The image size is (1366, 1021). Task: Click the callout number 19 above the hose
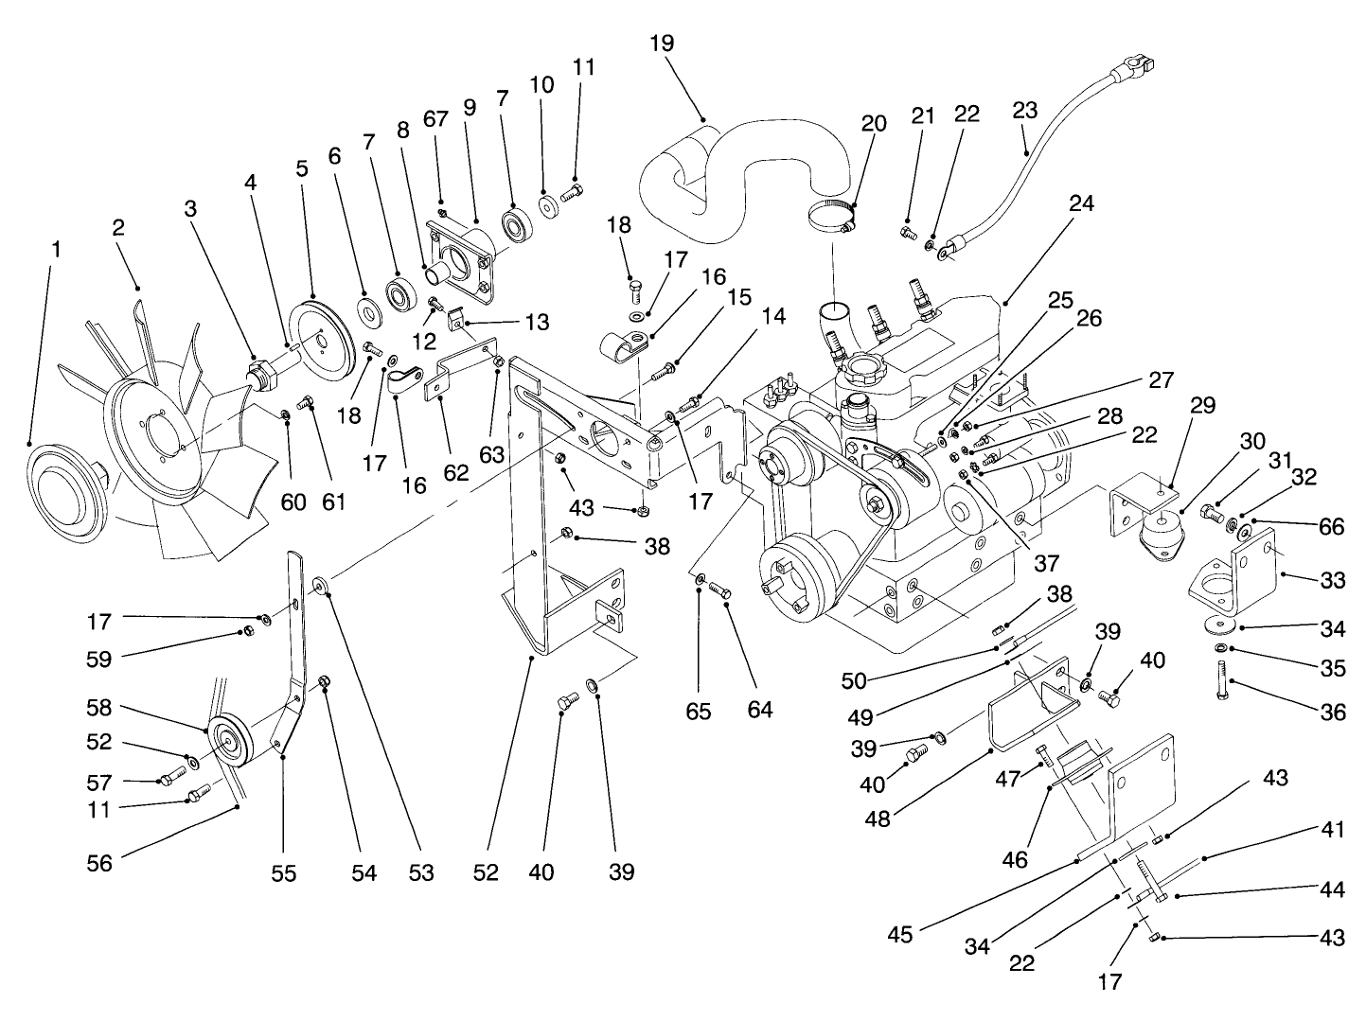(662, 44)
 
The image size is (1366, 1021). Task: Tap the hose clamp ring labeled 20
(832, 217)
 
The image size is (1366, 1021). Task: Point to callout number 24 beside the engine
(1081, 203)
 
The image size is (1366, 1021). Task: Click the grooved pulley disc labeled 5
(319, 336)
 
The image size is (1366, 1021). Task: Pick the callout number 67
(435, 117)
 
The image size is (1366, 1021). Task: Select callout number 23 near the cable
(1024, 111)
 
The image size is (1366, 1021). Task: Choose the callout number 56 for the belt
(99, 862)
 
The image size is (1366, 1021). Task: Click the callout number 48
(878, 819)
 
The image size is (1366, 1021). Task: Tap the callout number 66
(1331, 526)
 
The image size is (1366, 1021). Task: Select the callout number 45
(900, 934)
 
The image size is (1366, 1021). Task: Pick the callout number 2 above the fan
(118, 228)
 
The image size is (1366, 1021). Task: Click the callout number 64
(759, 709)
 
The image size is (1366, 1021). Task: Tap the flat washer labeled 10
(547, 205)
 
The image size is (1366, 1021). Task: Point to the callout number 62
(456, 473)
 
